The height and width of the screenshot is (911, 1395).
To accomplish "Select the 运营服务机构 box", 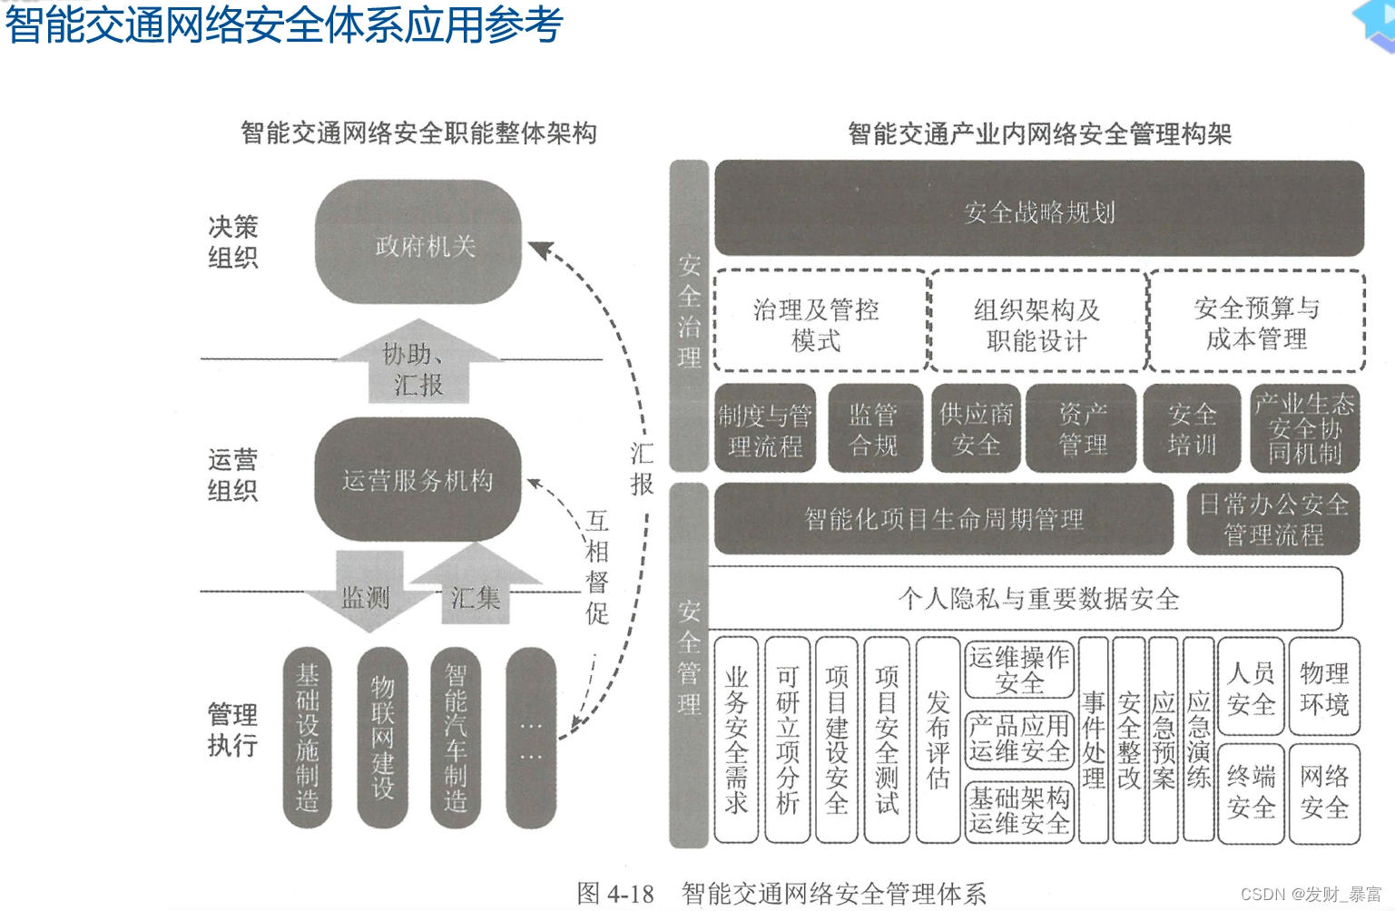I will [x=418, y=479].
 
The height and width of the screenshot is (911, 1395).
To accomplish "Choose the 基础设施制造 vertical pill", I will [x=307, y=737].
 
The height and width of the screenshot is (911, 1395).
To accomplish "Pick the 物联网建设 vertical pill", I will [x=382, y=737].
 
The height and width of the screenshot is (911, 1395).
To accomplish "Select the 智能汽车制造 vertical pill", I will [x=456, y=737].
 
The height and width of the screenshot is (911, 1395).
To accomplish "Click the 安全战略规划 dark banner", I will [x=1039, y=211].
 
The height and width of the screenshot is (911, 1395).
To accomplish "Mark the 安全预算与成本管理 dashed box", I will [x=1257, y=322].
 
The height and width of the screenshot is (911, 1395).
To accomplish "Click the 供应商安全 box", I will [x=977, y=428].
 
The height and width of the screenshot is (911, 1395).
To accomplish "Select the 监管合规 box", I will [x=874, y=428].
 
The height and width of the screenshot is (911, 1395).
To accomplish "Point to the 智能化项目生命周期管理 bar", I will [x=943, y=519].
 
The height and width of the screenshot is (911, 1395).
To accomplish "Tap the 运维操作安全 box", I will [x=1018, y=670].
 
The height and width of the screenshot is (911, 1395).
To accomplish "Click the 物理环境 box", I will [x=1324, y=687].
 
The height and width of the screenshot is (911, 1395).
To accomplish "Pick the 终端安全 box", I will [x=1251, y=791].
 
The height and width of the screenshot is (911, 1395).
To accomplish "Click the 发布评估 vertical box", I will [x=938, y=740].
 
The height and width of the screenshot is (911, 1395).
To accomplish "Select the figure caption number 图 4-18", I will [x=615, y=894].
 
